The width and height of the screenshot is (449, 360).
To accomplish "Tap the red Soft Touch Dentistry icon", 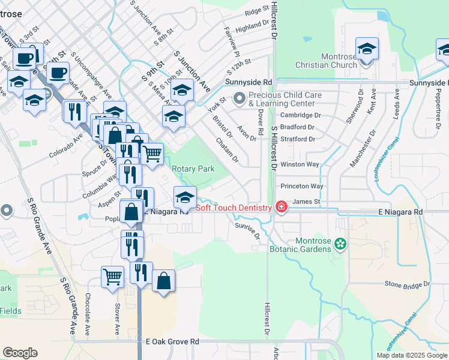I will (280, 208).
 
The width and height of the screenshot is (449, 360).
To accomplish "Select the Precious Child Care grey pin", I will (240, 97).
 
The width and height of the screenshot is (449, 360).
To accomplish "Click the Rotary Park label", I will (193, 169).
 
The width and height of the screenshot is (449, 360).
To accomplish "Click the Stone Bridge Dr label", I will (408, 283).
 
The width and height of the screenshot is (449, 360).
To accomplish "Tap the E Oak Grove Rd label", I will (172, 341).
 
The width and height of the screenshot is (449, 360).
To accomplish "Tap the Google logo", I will (20, 353).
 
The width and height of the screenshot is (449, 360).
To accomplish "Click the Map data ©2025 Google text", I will (411, 355).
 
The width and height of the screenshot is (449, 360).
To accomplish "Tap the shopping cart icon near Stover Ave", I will (112, 277).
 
